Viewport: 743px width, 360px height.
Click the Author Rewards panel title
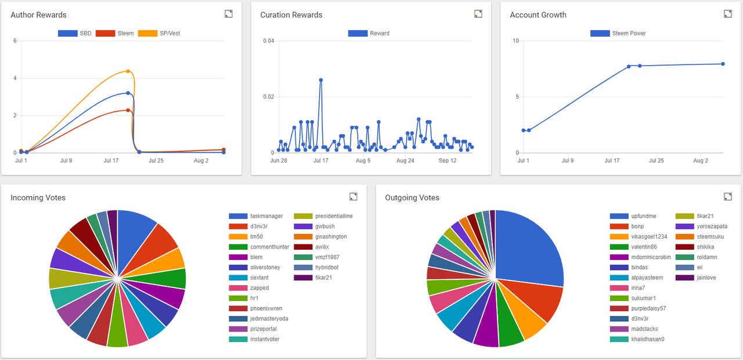tap(38, 15)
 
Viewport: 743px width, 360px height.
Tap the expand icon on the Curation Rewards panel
tap(478, 13)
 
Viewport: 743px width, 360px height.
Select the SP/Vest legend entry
tap(159, 33)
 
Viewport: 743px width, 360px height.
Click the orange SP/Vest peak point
tap(128, 71)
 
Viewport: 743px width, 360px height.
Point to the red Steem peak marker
tap(128, 110)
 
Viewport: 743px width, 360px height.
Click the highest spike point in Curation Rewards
tap(321, 80)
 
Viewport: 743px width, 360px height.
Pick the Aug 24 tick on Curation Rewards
tap(405, 161)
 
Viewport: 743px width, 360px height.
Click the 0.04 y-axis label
tap(269, 41)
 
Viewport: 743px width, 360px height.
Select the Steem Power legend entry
tap(618, 33)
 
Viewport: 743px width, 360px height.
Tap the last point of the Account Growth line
tap(723, 64)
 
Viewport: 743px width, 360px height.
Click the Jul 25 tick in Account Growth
tap(656, 161)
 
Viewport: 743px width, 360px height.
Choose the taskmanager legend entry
tap(256, 216)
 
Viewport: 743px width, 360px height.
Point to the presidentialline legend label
tap(334, 216)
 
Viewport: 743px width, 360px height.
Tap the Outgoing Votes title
tap(412, 198)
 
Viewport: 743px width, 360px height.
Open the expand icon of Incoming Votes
tap(354, 197)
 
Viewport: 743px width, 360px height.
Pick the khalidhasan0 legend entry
tap(637, 339)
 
